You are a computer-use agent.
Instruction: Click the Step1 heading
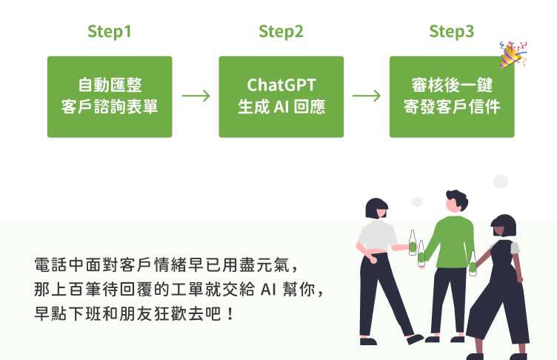(109, 32)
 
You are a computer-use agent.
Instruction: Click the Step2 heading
(281, 32)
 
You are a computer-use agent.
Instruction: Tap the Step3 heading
(452, 32)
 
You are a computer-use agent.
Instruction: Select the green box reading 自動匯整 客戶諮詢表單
(110, 96)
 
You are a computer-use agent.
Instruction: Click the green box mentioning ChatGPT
(281, 96)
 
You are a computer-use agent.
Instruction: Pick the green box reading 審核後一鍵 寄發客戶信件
(452, 96)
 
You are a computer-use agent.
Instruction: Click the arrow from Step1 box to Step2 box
(196, 96)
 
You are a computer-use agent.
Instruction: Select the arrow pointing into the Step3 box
(367, 96)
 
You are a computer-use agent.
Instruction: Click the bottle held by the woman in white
(413, 243)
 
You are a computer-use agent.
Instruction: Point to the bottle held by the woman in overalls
(473, 263)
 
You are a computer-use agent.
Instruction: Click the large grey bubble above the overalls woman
(501, 182)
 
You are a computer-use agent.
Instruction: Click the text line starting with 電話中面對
(167, 263)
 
